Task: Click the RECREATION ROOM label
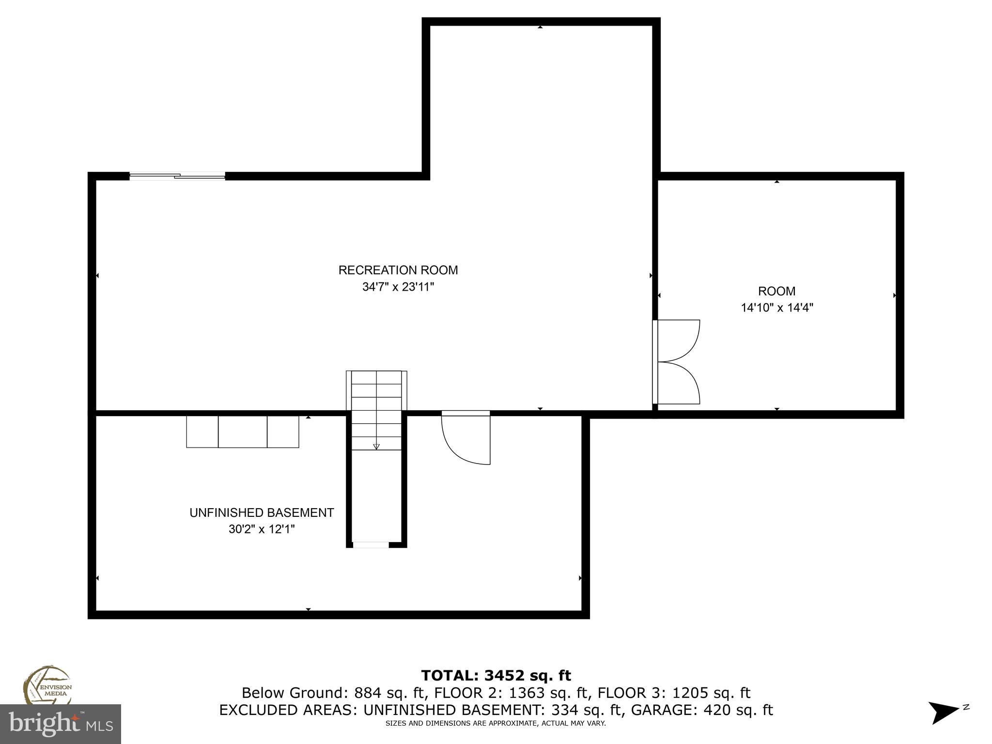398,270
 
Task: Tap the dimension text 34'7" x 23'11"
398,287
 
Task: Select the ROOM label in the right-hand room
776,291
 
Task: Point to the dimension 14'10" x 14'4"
776,308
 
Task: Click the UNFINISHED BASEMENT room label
262,512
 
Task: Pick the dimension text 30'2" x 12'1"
262,529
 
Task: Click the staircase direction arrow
376,446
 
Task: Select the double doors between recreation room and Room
676,361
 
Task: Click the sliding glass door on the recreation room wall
177,176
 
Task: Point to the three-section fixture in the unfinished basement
243,432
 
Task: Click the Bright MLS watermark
61,724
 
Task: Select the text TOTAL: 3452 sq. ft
496,675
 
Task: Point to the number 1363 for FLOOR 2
527,693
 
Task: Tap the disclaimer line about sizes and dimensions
496,724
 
